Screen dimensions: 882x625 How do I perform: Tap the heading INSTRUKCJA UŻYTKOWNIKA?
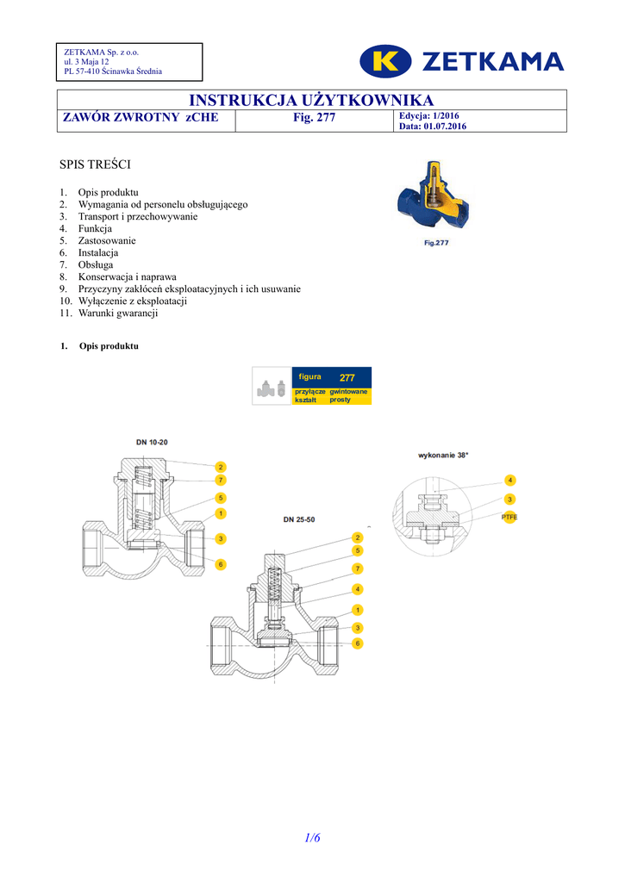pos(311,101)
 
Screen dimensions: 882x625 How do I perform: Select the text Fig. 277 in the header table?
pos(314,118)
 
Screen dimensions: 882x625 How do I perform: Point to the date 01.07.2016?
pos(445,127)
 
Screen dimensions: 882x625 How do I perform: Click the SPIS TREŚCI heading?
pos(94,164)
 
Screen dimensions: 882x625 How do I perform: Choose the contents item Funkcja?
pos(95,229)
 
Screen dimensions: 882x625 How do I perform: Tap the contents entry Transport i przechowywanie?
pos(137,217)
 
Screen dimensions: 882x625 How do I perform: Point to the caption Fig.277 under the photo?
pos(436,243)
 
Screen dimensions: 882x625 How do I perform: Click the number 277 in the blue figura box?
pos(347,377)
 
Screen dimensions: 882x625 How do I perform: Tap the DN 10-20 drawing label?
pos(152,442)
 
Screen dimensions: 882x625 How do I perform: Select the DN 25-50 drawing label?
pos(299,519)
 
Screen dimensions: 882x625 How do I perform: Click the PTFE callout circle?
pos(509,517)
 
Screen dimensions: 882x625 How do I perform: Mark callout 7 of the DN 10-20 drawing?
pos(221,480)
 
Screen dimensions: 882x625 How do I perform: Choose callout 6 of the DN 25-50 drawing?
pos(357,643)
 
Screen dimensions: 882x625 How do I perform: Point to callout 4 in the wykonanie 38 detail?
pos(509,480)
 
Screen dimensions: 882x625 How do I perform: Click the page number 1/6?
pos(312,837)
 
